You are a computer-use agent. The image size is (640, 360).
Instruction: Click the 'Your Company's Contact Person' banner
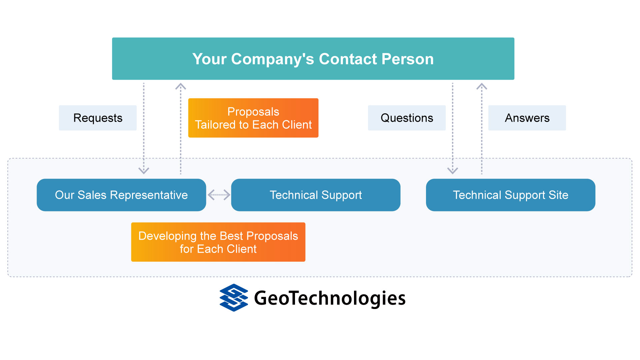click(313, 59)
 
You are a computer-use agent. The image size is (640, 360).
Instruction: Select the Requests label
click(98, 118)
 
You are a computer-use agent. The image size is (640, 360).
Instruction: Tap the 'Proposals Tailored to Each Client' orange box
click(253, 118)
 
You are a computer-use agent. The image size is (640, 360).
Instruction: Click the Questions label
click(407, 118)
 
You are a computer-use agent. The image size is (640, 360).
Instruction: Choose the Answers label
click(527, 118)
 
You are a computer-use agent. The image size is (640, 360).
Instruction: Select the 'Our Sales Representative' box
click(121, 195)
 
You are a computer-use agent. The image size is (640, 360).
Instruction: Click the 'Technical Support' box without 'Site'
click(316, 195)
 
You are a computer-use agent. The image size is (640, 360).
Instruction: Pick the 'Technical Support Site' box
click(511, 195)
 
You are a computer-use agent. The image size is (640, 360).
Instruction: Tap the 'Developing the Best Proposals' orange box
click(218, 242)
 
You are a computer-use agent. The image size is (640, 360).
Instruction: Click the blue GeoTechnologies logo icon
click(234, 298)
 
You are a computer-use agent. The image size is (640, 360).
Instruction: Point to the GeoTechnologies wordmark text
click(330, 298)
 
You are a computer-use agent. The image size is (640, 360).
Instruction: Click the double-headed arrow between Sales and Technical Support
click(219, 195)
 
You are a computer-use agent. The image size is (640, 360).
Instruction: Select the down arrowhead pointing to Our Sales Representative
click(144, 170)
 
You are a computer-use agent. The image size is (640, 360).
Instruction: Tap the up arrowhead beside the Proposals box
click(181, 86)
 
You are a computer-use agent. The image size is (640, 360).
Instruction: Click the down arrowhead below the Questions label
click(453, 170)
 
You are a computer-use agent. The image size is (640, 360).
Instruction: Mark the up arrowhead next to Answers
click(482, 86)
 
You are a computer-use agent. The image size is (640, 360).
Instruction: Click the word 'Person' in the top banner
click(408, 59)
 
